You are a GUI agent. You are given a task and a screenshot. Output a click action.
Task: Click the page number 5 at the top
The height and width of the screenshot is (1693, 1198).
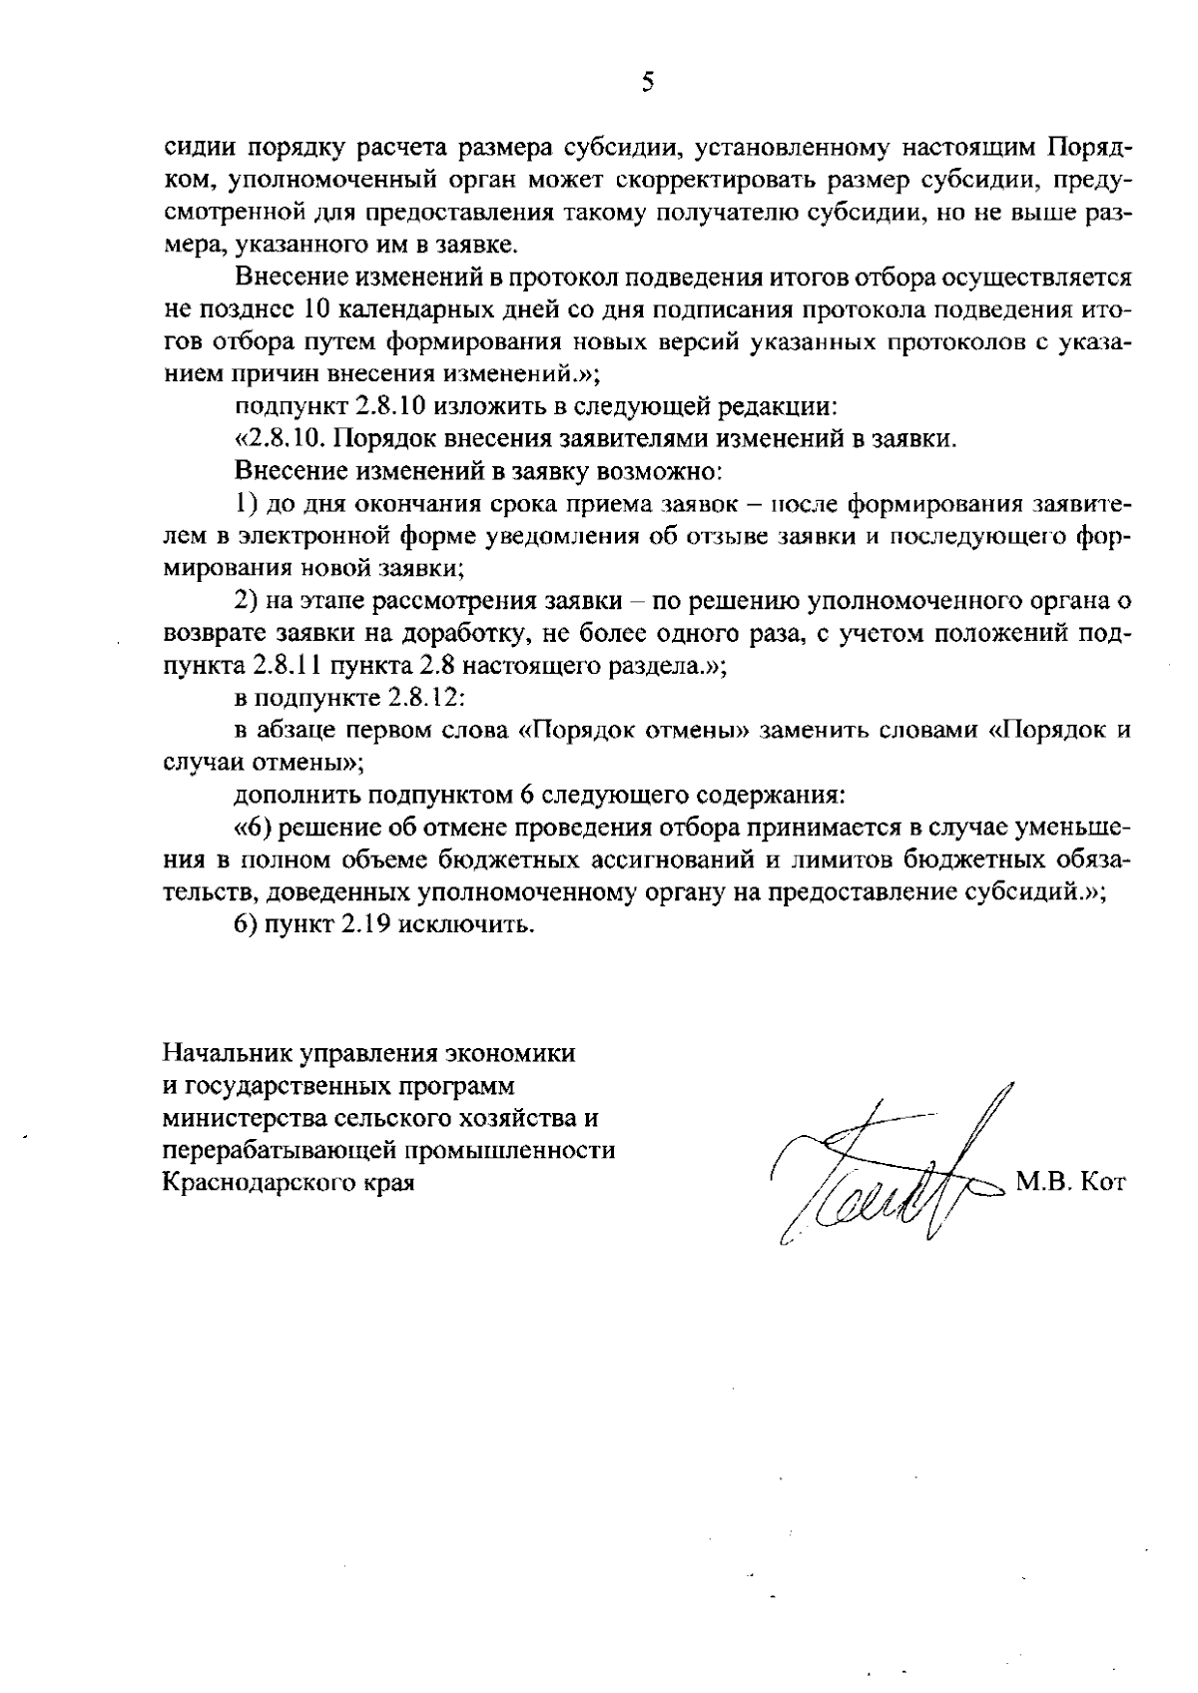coord(648,82)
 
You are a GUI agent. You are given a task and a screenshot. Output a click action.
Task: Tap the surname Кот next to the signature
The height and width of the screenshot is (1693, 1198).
coord(1103,1184)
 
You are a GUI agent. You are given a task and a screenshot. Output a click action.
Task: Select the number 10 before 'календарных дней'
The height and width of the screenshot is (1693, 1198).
coord(315,309)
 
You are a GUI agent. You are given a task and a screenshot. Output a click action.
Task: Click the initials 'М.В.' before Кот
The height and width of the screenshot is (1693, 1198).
coord(1043,1184)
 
